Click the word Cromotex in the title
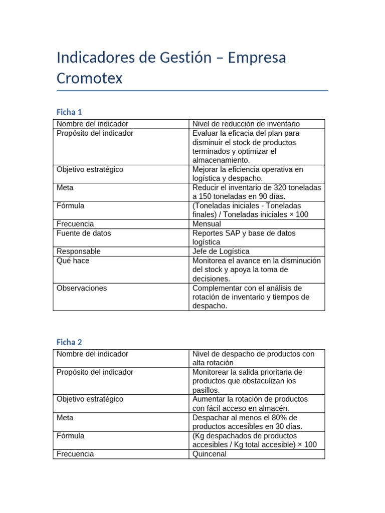point(90,79)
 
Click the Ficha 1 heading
point(69,112)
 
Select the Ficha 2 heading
point(69,342)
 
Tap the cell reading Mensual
point(207,224)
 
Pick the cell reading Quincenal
point(210,454)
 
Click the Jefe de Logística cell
point(221,251)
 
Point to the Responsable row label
point(79,251)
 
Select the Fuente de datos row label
point(84,233)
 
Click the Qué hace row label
point(73,261)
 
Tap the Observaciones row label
point(82,288)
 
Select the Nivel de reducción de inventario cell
point(246,124)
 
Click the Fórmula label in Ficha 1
point(71,205)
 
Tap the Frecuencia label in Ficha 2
point(75,454)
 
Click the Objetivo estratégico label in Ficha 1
point(90,169)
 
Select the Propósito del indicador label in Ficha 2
point(95,372)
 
